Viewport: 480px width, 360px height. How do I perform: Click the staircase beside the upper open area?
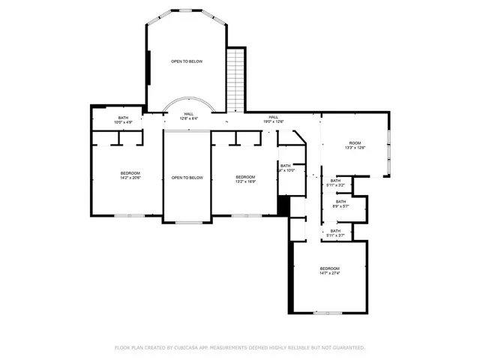236,79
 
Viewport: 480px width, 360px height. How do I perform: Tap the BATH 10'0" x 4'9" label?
122,119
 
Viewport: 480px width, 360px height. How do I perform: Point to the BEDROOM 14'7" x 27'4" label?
330,271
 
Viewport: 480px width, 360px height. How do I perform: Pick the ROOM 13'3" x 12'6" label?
355,145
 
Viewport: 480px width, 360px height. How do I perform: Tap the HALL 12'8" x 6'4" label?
188,116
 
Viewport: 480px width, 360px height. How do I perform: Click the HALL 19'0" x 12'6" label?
274,119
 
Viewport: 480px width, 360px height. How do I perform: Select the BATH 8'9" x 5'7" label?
341,203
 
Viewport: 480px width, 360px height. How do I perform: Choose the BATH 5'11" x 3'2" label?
335,181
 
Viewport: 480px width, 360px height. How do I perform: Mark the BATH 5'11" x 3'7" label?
335,234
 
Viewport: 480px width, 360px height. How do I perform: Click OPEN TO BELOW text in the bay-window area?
187,61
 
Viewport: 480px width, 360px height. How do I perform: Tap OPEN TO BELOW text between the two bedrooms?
187,178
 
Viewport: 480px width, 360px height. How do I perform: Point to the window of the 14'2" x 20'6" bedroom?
127,216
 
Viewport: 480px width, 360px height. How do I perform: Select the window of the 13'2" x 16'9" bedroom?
241,216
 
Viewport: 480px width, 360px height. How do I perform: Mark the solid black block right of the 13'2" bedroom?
283,205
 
